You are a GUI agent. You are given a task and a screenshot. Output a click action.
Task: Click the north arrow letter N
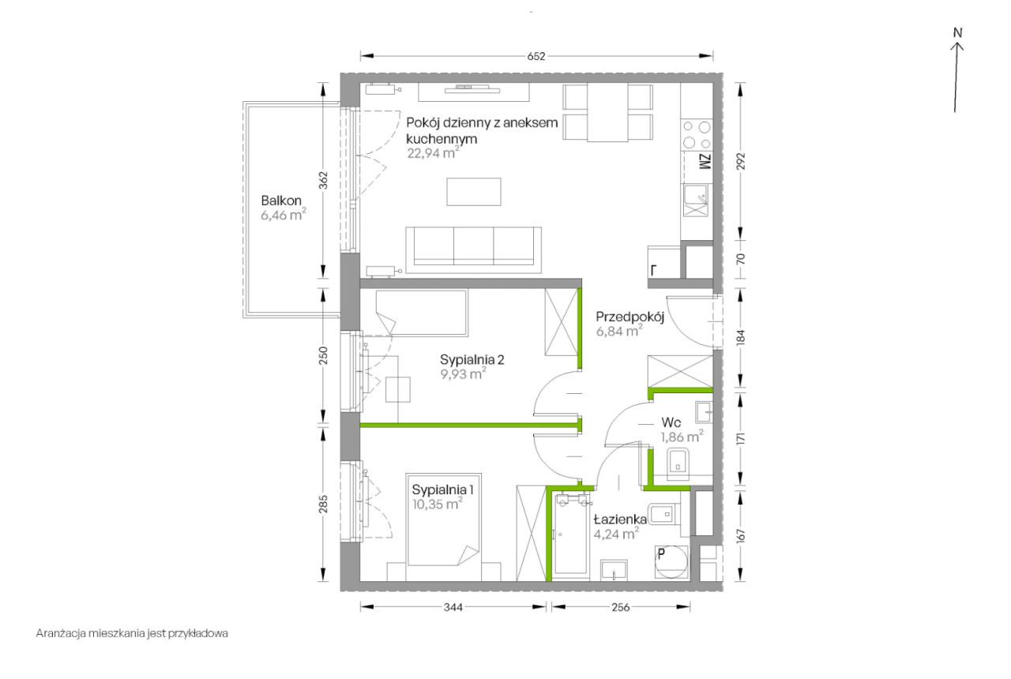pos(957,33)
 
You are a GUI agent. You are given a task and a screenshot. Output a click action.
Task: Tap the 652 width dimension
pos(536,56)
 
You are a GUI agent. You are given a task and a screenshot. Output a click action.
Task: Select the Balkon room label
pos(281,201)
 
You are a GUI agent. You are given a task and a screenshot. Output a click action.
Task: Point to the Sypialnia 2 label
pos(472,359)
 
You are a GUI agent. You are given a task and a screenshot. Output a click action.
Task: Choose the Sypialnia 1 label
pos(443,490)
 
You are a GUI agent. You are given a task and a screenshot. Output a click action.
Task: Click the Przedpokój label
pos(630,317)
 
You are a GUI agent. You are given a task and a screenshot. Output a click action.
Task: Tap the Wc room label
pos(671,422)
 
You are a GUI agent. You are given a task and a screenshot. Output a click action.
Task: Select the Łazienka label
pos(620,520)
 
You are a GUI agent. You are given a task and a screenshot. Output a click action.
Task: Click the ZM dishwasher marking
pos(705,162)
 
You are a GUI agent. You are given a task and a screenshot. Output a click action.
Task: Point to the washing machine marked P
pos(672,561)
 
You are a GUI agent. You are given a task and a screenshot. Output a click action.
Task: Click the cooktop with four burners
pos(697,134)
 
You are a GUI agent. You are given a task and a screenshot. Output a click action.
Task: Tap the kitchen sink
pos(696,201)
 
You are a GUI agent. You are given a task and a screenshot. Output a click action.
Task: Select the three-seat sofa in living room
pos(473,249)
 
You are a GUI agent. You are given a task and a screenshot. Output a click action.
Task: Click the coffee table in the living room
pos(474,192)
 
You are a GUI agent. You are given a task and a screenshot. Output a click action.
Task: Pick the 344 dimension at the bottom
pos(453,607)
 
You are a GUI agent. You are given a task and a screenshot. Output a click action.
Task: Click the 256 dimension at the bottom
pos(621,607)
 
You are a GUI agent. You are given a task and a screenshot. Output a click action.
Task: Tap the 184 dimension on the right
pos(741,337)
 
